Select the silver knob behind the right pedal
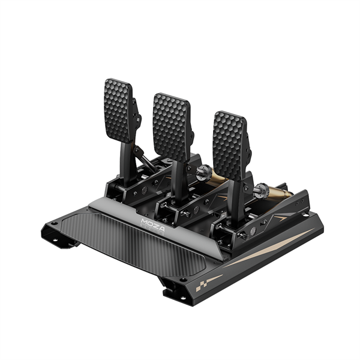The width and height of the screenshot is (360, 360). point(260,193)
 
